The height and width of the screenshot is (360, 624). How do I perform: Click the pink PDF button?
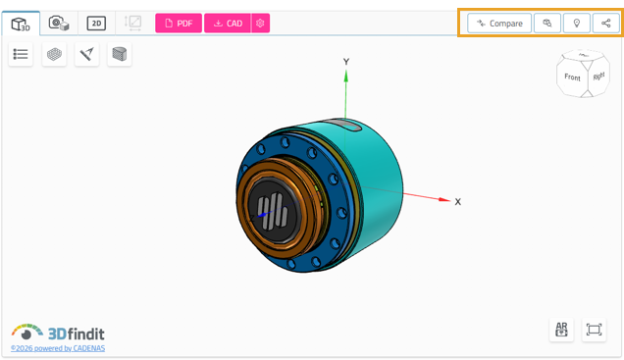pos(179,24)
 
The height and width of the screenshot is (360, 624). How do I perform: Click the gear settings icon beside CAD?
pos(260,24)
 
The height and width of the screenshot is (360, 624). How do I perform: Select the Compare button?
pos(499,24)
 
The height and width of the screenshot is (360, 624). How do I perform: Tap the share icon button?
pos(605,24)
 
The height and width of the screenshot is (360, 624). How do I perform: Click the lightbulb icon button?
pos(576,24)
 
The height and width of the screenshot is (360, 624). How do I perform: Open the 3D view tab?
pos(21,24)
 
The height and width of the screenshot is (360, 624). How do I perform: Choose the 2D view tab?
pos(96,24)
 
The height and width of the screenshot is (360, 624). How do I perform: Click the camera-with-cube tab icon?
pos(59,24)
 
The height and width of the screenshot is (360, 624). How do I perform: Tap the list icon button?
pos(21,54)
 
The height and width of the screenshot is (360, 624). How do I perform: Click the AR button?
pos(561,330)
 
